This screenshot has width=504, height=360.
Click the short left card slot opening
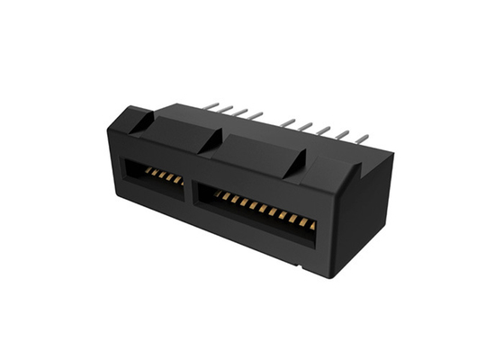(x=153, y=175)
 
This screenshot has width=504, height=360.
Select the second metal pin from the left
(x=226, y=108)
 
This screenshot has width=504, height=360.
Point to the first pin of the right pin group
(x=286, y=121)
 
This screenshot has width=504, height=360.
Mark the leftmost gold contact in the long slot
(x=216, y=193)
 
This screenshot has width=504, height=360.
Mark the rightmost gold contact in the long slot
(x=312, y=225)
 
